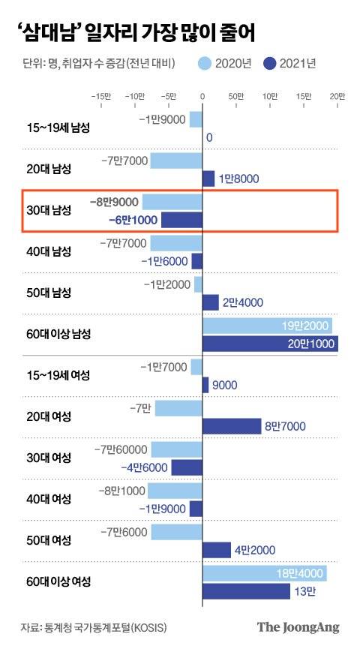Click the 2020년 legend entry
(x=229, y=63)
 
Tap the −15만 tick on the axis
(x=101, y=96)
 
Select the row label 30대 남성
(x=49, y=211)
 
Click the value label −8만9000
(x=113, y=202)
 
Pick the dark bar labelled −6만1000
(x=182, y=220)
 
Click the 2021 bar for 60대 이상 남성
(x=270, y=344)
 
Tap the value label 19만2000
(x=308, y=326)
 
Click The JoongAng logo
(x=298, y=626)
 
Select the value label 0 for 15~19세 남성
(x=209, y=137)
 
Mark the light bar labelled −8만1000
(x=175, y=491)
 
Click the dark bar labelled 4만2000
(x=217, y=550)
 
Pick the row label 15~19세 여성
(x=58, y=374)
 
